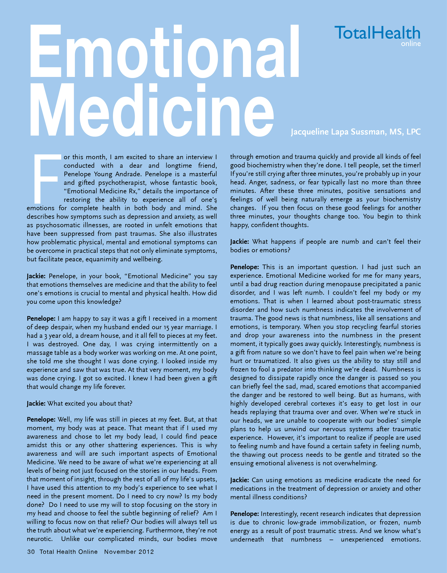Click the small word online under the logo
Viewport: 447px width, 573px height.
click(x=411, y=44)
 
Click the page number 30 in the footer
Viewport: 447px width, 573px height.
click(x=31, y=552)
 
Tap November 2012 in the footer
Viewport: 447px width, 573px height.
click(x=129, y=552)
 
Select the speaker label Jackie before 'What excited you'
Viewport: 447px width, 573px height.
click(x=36, y=403)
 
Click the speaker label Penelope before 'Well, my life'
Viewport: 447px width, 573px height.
click(x=41, y=419)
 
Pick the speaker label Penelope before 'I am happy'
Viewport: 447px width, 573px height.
click(x=41, y=319)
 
